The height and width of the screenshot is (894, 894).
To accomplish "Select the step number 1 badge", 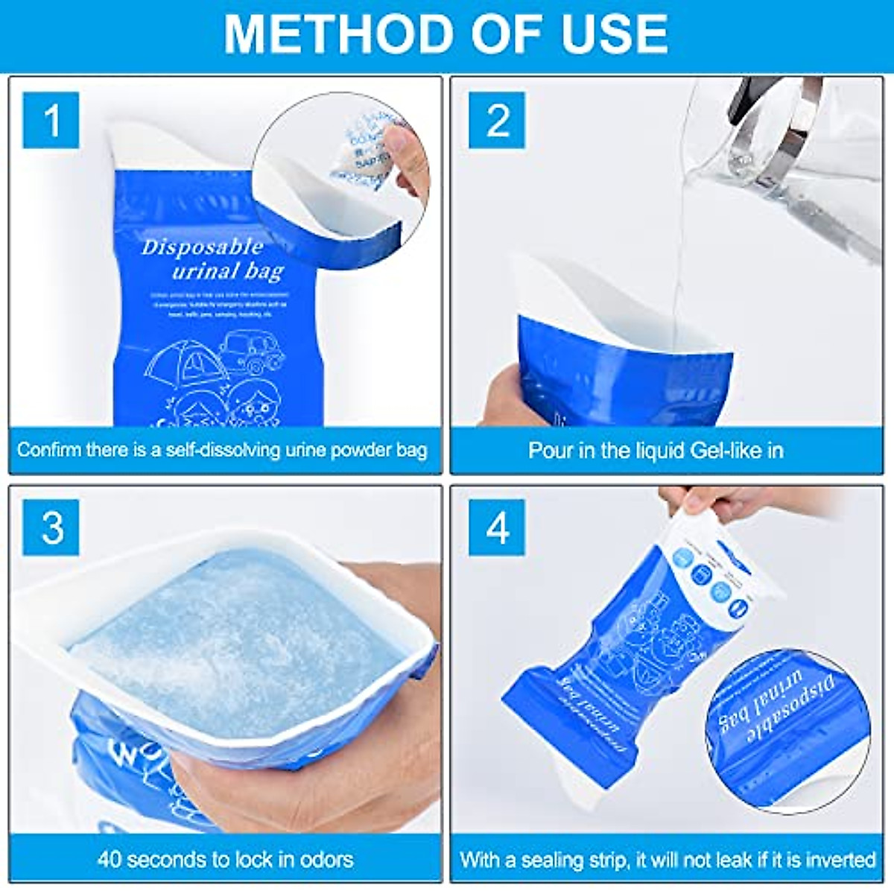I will pos(51,120).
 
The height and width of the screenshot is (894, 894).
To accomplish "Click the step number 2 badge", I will pos(497,120).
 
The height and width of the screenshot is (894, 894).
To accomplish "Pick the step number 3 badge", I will pos(51,527).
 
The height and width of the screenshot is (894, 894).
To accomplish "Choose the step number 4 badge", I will pos(497,527).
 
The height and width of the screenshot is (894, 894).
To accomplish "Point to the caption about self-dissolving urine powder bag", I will pos(222,450).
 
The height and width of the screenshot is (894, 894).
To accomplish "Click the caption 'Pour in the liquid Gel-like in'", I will pos(656,450).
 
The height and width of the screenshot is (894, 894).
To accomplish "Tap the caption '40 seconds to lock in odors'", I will pos(225,859).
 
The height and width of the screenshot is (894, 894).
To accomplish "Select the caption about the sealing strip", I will pos(667,859).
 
